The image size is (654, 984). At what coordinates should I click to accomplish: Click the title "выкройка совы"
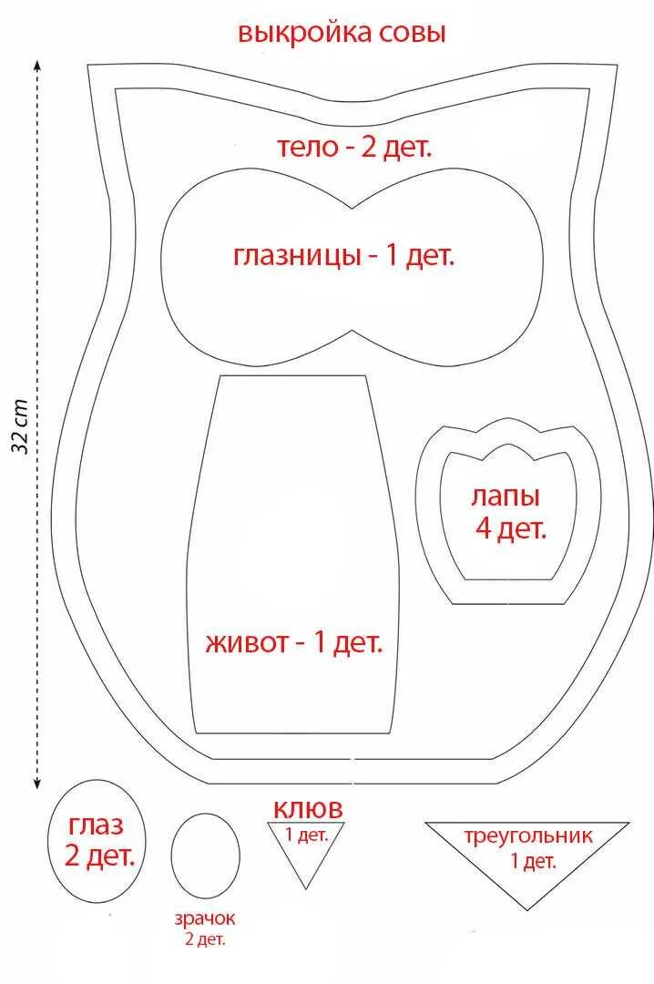(x=342, y=34)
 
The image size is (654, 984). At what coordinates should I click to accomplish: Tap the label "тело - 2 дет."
(x=353, y=147)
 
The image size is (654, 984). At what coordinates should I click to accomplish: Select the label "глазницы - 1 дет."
(x=343, y=255)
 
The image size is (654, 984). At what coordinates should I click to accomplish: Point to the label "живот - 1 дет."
(x=294, y=642)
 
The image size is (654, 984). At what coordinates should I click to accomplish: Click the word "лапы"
(x=506, y=497)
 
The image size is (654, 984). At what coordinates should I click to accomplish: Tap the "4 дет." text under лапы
(x=510, y=528)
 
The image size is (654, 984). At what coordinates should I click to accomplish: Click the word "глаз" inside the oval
(x=95, y=826)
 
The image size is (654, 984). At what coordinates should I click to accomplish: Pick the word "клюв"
(x=308, y=808)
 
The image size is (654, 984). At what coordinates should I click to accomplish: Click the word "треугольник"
(x=527, y=835)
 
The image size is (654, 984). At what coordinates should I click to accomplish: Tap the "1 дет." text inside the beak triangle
(x=306, y=834)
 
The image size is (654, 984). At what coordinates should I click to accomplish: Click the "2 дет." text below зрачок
(x=205, y=939)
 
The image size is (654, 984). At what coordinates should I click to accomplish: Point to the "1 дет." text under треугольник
(x=533, y=860)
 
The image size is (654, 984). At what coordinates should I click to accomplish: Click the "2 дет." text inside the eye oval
(x=100, y=856)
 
